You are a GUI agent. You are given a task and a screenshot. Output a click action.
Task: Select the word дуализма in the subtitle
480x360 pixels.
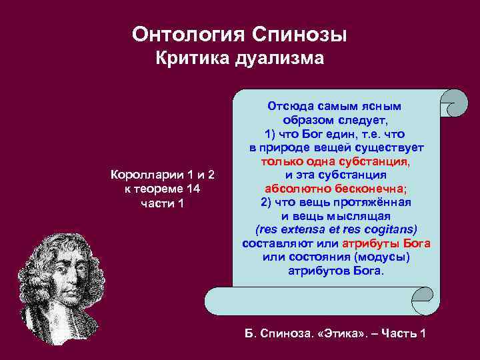click(x=280, y=59)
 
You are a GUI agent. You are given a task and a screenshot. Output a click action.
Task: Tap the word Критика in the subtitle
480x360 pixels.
click(x=192, y=59)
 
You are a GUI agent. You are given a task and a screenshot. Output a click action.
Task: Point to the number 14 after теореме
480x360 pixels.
click(x=193, y=189)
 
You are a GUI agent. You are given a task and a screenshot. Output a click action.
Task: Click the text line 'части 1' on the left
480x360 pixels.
click(x=163, y=203)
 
